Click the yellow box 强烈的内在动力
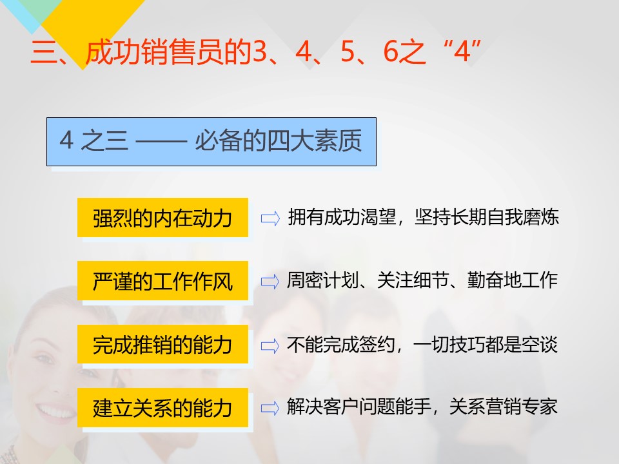tap(162, 218)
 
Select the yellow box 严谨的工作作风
tap(162, 281)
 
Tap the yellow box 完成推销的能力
tap(162, 344)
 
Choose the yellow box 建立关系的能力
tap(162, 407)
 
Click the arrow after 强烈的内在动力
tap(270, 218)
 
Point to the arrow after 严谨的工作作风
tap(270, 282)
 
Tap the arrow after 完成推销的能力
tap(270, 345)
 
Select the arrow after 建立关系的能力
tap(270, 408)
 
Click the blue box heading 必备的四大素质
tap(211, 142)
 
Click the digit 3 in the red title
tap(260, 52)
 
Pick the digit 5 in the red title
tap(348, 52)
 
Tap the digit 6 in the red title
tap(391, 52)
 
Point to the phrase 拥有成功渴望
tap(342, 217)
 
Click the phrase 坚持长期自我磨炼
tap(487, 217)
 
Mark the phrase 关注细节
tap(413, 280)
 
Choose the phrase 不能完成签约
tap(341, 344)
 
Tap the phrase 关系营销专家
tap(504, 407)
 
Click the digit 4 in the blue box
tap(66, 140)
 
